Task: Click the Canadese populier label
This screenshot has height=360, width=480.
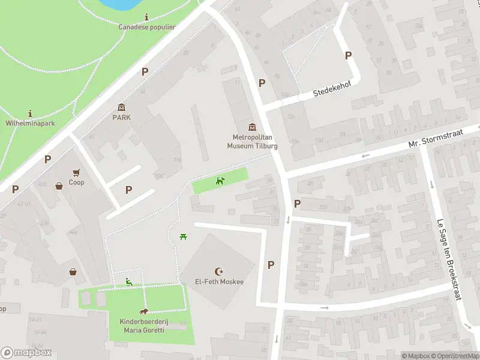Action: tap(147, 27)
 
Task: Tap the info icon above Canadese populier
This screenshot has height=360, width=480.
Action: tap(147, 17)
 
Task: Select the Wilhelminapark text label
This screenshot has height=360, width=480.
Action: tap(30, 122)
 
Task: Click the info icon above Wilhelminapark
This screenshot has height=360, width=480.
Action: tap(30, 113)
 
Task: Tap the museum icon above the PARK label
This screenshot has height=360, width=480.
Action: tap(122, 107)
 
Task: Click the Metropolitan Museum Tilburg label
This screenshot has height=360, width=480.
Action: tap(252, 142)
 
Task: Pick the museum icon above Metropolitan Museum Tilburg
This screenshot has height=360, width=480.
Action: tap(252, 127)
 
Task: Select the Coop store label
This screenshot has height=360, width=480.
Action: tap(76, 182)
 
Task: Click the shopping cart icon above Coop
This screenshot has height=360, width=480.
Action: tap(76, 172)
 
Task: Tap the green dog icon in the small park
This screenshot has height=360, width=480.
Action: tap(221, 180)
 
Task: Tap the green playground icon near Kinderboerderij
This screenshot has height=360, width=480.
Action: tap(128, 281)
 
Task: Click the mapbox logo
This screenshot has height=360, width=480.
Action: tap(26, 353)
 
